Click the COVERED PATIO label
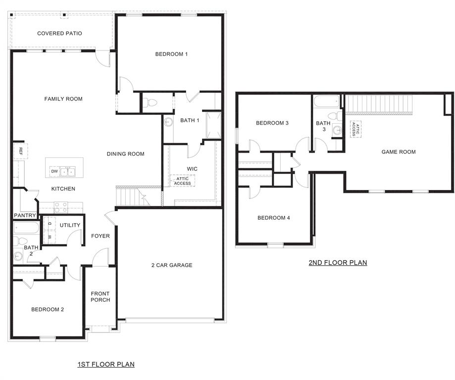click(x=59, y=34)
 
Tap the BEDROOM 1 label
click(x=171, y=54)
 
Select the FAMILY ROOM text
click(x=63, y=99)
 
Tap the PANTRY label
click(x=25, y=215)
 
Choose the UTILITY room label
click(x=70, y=225)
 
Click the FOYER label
click(x=101, y=236)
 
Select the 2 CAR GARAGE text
click(x=172, y=265)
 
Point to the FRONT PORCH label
click(x=101, y=297)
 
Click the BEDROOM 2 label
click(x=48, y=310)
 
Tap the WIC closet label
click(x=192, y=169)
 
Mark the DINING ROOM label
click(x=126, y=154)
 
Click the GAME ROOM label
click(x=399, y=152)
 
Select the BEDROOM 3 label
click(x=272, y=123)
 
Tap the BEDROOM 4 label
click(x=274, y=218)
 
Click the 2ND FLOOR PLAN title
click(x=338, y=263)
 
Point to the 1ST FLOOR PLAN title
click(x=106, y=365)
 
